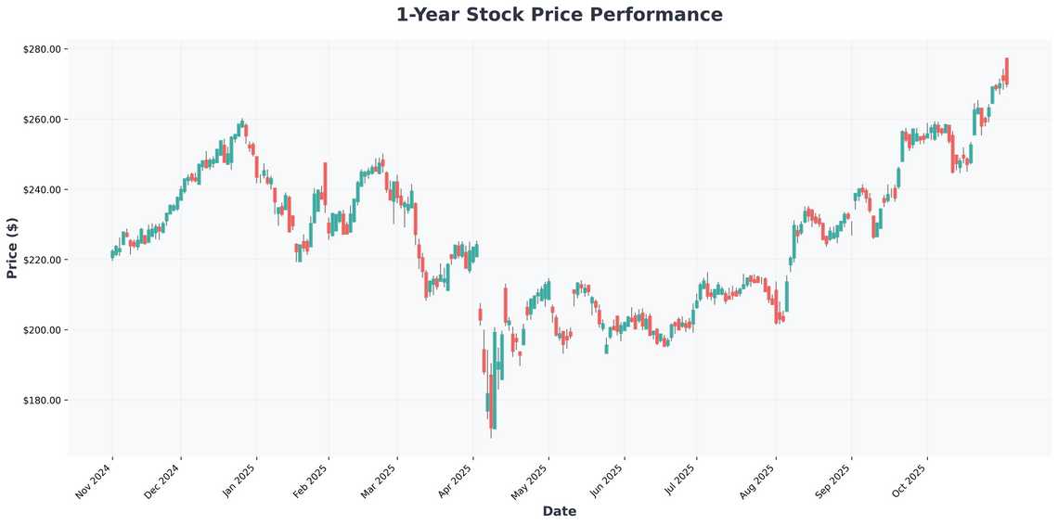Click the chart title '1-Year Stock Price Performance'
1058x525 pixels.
point(559,15)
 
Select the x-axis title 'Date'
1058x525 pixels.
point(559,511)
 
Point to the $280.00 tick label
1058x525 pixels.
point(42,49)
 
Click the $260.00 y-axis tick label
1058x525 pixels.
point(42,120)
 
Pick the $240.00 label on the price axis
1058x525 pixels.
point(42,190)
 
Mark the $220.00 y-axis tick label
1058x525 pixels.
point(42,260)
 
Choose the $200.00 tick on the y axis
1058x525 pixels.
point(42,330)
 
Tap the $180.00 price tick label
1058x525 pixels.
point(42,401)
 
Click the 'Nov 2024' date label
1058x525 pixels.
point(94,481)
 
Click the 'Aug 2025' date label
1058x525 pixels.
point(757,481)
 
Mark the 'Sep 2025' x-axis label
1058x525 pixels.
point(833,481)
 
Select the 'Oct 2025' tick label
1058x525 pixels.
point(909,481)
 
